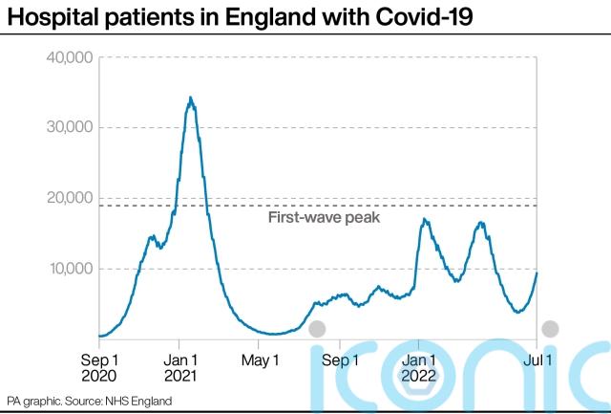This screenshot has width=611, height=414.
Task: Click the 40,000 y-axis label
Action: pyautogui.click(x=68, y=57)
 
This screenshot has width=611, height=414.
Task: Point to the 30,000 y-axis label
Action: pyautogui.click(x=68, y=128)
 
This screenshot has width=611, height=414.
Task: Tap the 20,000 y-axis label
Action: pyautogui.click(x=68, y=198)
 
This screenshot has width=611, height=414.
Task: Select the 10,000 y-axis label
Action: pyautogui.click(x=68, y=269)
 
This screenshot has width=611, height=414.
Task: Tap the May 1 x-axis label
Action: pyautogui.click(x=260, y=360)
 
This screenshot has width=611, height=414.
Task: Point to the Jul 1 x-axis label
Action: pyautogui.click(x=537, y=360)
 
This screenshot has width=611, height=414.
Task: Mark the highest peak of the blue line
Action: pyautogui.click(x=191, y=98)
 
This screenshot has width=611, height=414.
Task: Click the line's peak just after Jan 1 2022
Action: pyautogui.click(x=424, y=220)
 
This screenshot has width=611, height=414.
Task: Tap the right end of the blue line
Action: pyautogui.click(x=537, y=272)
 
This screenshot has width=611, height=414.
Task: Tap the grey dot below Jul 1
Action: pyautogui.click(x=551, y=330)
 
